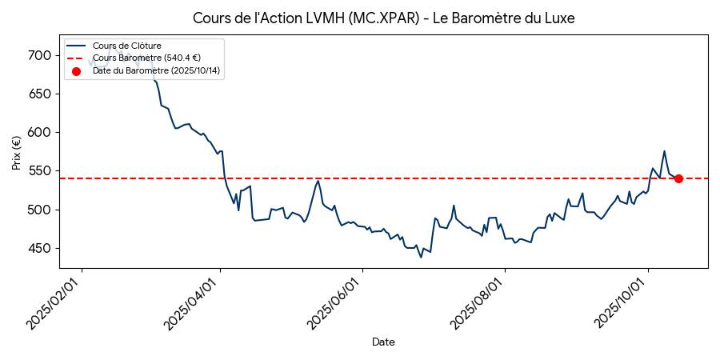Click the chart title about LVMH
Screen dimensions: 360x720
pyautogui.click(x=384, y=18)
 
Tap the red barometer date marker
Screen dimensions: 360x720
pyautogui.click(x=678, y=178)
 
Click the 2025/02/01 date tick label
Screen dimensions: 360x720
pyautogui.click(x=54, y=302)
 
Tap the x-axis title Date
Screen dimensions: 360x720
pyautogui.click(x=383, y=342)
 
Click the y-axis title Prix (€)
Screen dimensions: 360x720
pyautogui.click(x=17, y=153)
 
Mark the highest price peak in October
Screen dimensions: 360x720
pyautogui.click(x=664, y=151)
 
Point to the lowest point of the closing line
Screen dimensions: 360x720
pyautogui.click(x=421, y=257)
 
